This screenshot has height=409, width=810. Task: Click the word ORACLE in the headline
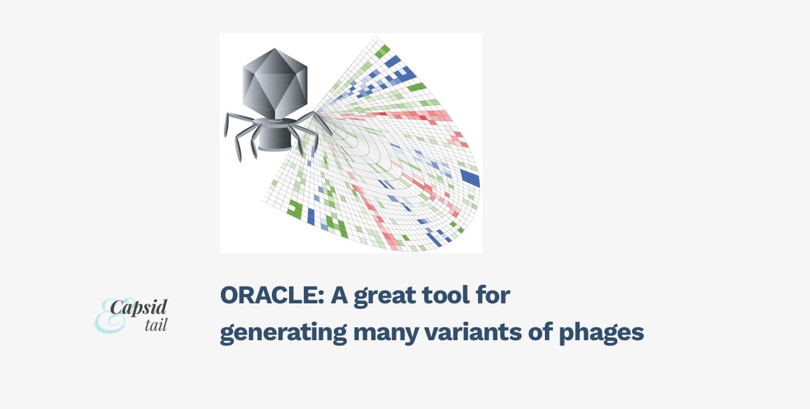click(272, 295)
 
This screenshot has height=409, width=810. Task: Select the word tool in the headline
click(448, 295)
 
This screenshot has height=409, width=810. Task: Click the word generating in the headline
click(283, 333)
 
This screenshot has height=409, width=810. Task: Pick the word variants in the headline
click(472, 332)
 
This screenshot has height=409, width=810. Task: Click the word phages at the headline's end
click(601, 333)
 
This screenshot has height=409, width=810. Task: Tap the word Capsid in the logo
click(139, 308)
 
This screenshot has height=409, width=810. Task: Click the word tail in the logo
click(156, 325)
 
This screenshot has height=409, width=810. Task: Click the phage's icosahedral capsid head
click(275, 82)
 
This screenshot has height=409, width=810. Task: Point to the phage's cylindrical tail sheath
click(275, 138)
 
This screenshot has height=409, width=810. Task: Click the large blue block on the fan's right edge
click(471, 177)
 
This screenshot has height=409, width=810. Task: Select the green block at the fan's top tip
click(382, 51)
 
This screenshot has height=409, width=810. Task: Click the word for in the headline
click(493, 295)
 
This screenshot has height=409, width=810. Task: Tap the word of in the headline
click(540, 332)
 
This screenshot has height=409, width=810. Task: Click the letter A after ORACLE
click(339, 295)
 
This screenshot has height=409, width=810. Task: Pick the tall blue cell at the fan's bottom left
click(311, 217)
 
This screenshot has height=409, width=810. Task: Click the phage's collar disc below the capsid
click(275, 121)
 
